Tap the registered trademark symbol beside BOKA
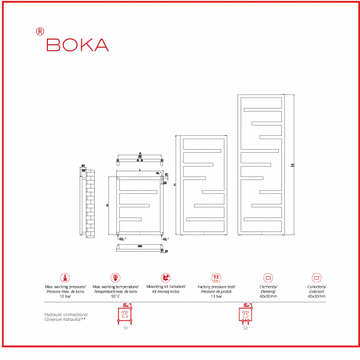click(x=38, y=30)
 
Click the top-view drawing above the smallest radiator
click(x=139, y=159)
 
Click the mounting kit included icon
click(x=163, y=274)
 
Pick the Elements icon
click(x=266, y=274)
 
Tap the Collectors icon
click(x=317, y=274)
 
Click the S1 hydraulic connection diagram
click(x=126, y=314)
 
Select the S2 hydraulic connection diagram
click(x=243, y=314)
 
